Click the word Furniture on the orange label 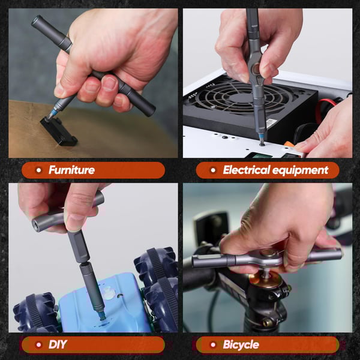coord(71,170)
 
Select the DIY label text coord(58,344)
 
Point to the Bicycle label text coord(241,344)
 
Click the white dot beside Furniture coord(38,170)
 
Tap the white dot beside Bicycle coord(213,344)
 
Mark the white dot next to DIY coord(38,344)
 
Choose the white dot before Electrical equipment coord(213,170)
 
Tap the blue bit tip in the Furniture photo coord(55,112)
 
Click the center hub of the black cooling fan coord(240,102)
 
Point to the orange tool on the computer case coord(289,145)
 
